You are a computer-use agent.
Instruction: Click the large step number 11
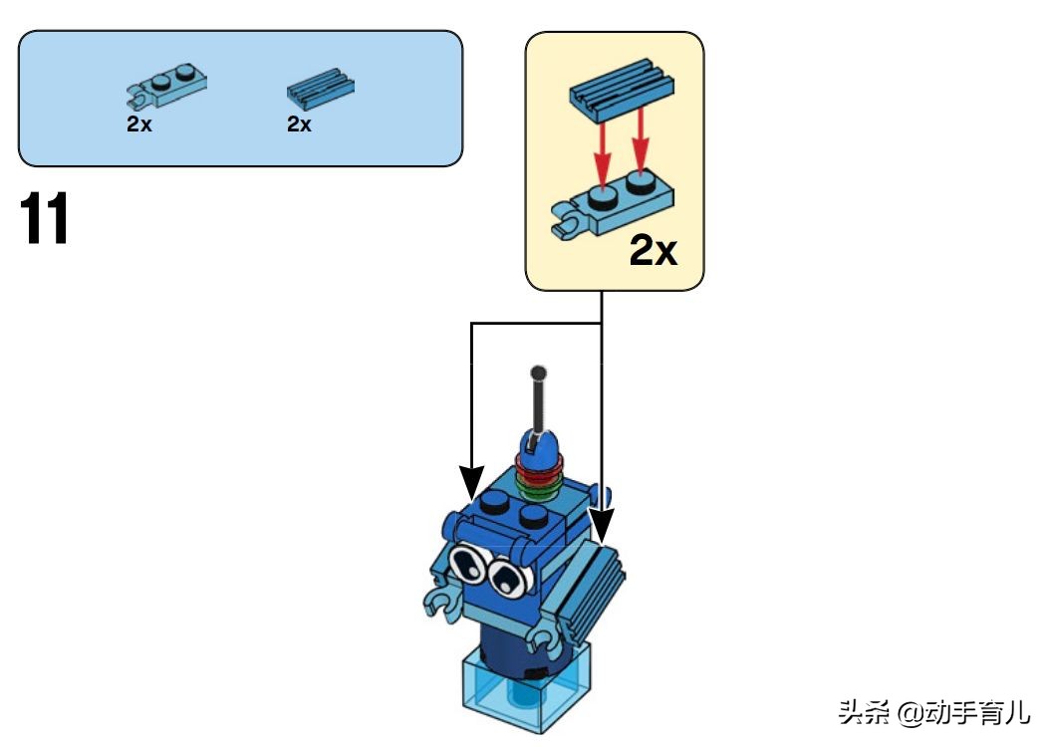tap(45, 220)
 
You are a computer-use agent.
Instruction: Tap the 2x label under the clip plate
tap(139, 125)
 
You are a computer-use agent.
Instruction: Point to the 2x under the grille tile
tap(299, 125)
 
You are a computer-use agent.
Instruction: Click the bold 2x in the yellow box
tap(653, 252)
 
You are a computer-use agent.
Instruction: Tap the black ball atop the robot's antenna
tap(539, 373)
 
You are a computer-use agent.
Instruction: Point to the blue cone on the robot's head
tap(541, 444)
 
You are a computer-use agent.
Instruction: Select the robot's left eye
tap(467, 565)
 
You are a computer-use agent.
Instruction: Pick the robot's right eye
tap(508, 577)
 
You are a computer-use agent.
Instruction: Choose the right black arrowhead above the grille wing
tap(602, 520)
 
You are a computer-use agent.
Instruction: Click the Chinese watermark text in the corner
tap(933, 712)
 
